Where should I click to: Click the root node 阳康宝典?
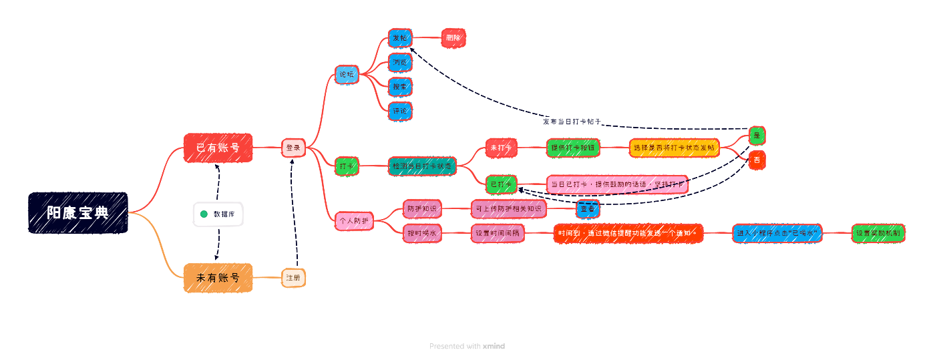pos(78,212)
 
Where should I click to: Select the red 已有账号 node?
pos(218,148)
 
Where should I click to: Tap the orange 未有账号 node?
pos(218,277)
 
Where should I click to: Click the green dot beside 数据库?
pos(204,214)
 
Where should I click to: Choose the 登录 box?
pos(293,148)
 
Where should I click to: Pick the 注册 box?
pos(293,277)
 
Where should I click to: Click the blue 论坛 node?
pos(346,74)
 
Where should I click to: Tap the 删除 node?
pos(453,38)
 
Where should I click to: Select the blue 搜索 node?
pos(400,87)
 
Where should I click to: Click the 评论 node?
pos(400,111)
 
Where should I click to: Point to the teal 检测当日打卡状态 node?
pos(422,166)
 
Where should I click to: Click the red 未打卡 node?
pos(502,148)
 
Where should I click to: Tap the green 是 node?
pos(757,136)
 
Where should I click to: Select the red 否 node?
pos(757,160)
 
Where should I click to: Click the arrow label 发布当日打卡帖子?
pos(572,122)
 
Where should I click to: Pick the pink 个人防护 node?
pos(354,220)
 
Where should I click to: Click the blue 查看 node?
pos(588,209)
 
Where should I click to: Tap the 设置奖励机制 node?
pos(878,233)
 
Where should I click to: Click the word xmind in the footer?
pos(494,346)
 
